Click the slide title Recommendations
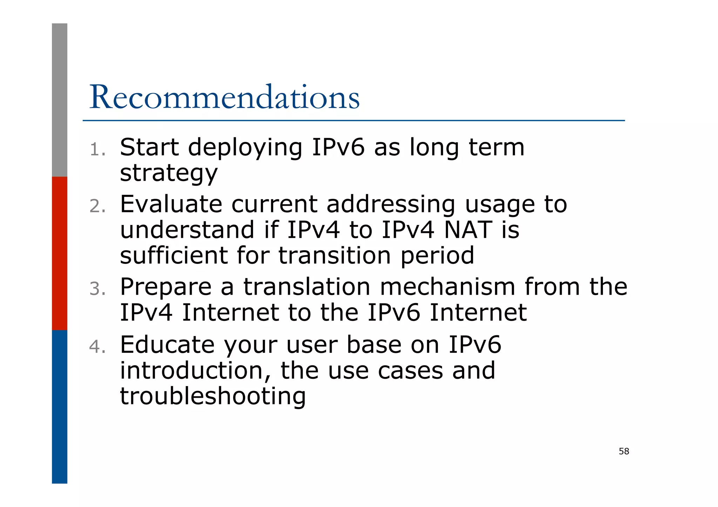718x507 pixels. [224, 97]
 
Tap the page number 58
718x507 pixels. [624, 451]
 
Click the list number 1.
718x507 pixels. [97, 150]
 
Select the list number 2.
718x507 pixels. [97, 206]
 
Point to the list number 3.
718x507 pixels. [97, 289]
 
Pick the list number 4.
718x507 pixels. [97, 347]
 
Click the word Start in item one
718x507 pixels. [149, 147]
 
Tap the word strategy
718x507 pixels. [169, 173]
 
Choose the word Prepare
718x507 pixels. [165, 287]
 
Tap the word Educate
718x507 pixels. [167, 345]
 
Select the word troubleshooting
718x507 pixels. [213, 396]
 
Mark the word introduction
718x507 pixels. [195, 370]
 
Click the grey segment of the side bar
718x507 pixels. [60, 100]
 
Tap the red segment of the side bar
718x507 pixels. [60, 253]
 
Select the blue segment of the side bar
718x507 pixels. [60, 406]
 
